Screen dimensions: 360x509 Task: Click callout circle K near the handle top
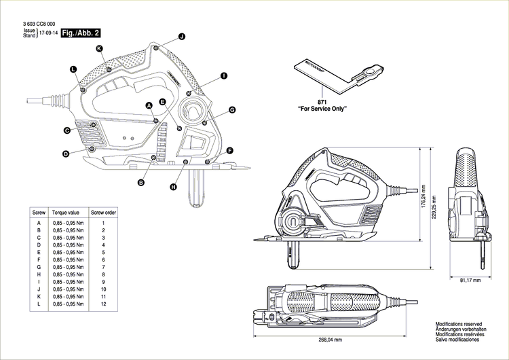99,48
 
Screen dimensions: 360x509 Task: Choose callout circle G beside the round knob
231,109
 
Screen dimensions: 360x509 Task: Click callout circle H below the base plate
173,187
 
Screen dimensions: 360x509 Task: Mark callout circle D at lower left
66,154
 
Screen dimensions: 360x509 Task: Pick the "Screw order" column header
103,213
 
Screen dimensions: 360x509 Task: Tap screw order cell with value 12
103,304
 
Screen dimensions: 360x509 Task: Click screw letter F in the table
39,259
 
